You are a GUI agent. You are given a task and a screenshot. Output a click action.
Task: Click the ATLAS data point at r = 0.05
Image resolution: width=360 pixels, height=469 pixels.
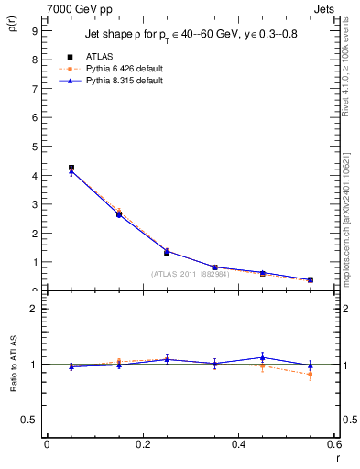[x=71, y=168]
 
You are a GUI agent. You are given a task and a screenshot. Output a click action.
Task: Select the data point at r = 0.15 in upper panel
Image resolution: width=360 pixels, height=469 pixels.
[x=118, y=214]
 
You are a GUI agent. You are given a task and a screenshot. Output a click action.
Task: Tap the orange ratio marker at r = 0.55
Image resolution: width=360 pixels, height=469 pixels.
[x=311, y=375]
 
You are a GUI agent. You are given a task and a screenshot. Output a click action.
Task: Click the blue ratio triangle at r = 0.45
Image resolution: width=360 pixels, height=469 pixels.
[x=262, y=357]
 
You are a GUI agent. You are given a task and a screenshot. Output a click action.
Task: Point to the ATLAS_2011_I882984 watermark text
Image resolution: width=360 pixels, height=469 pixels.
[x=191, y=274]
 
